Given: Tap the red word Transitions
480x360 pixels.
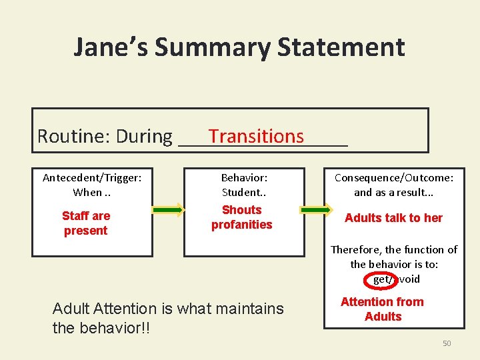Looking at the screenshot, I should pos(256,136).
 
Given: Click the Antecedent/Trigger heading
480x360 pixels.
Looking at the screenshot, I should pos(92,178).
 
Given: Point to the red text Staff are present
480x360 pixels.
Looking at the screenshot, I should pos(86,223).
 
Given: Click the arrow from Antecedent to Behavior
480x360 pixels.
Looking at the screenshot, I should pos(168,210).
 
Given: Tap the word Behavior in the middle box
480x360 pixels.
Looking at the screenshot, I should pos(244,178).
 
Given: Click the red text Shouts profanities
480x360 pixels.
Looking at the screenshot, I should pos(242,217).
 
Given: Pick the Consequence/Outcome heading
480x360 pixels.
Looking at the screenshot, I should pos(393,178).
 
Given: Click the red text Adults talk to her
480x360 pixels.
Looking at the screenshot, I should pos(393,218).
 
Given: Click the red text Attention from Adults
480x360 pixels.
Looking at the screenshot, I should pos(383,309).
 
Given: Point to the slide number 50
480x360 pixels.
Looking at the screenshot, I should pos(447,343).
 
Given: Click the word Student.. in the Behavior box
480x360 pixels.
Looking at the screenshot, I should pos(244,193).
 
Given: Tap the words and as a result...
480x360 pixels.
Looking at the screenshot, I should pos(393,193).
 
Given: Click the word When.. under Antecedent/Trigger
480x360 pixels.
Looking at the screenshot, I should pos(92,193).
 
